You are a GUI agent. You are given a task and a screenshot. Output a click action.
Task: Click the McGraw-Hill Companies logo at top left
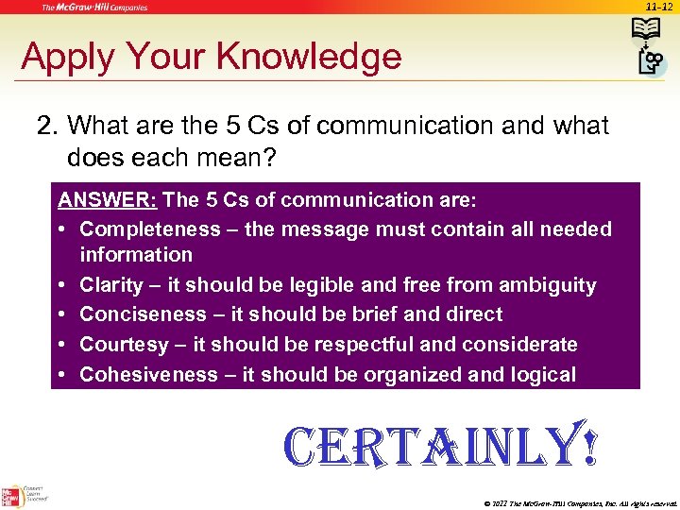[x=93, y=8]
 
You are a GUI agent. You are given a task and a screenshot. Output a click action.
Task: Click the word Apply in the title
[x=61, y=58]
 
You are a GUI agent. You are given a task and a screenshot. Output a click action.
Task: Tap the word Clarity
[x=111, y=285]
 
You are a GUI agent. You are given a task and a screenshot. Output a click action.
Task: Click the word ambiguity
[x=549, y=285]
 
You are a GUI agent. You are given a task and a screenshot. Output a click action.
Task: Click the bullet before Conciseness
[x=62, y=314]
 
